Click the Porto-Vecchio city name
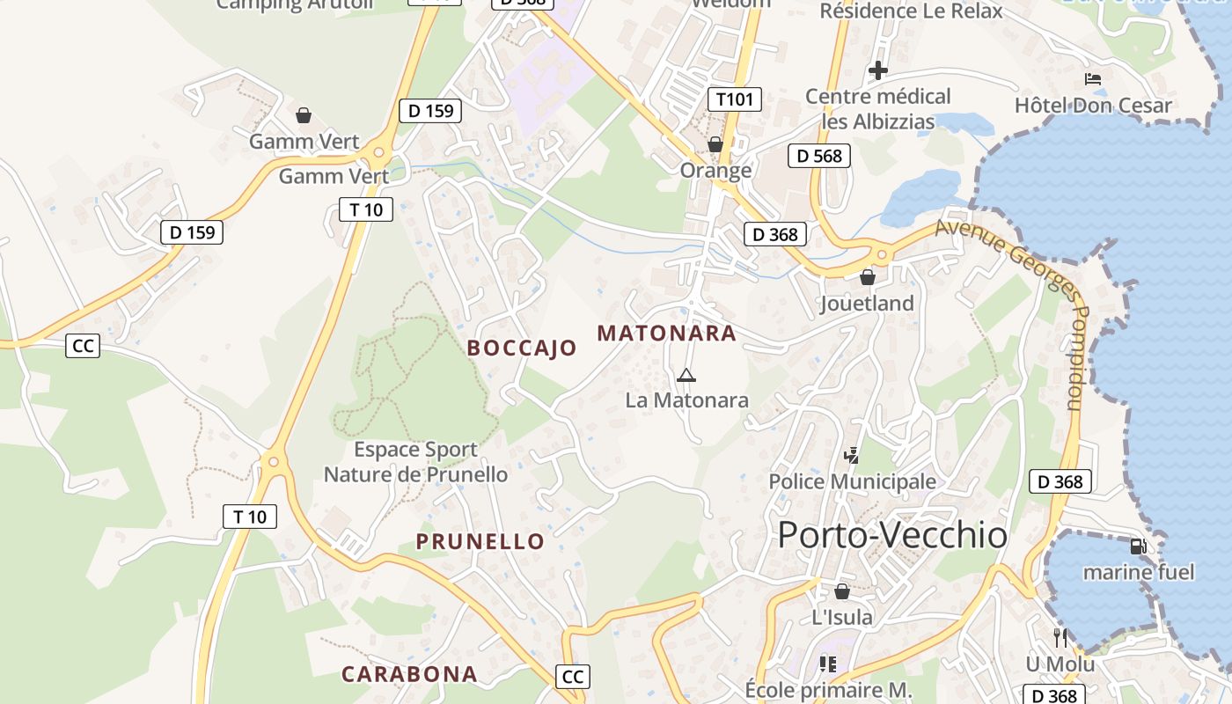pos(892,534)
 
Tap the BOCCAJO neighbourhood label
pos(522,348)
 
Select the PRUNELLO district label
pos(480,541)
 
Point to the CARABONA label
pos(409,674)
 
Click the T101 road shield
pos(735,99)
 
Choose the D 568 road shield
pos(819,157)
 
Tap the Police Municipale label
pos(852,481)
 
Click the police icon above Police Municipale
pos(851,456)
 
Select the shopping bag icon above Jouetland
pos(868,277)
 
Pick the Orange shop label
pos(715,170)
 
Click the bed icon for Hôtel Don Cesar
pos(1093,79)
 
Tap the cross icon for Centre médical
pos(877,70)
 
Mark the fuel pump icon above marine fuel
pos(1138,546)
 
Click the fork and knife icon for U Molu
pos(1060,637)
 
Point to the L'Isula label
pos(842,617)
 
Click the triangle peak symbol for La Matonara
pos(686,376)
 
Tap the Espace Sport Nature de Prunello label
pos(415,462)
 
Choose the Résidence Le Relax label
pos(911,11)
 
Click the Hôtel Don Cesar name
pos(1093,106)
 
